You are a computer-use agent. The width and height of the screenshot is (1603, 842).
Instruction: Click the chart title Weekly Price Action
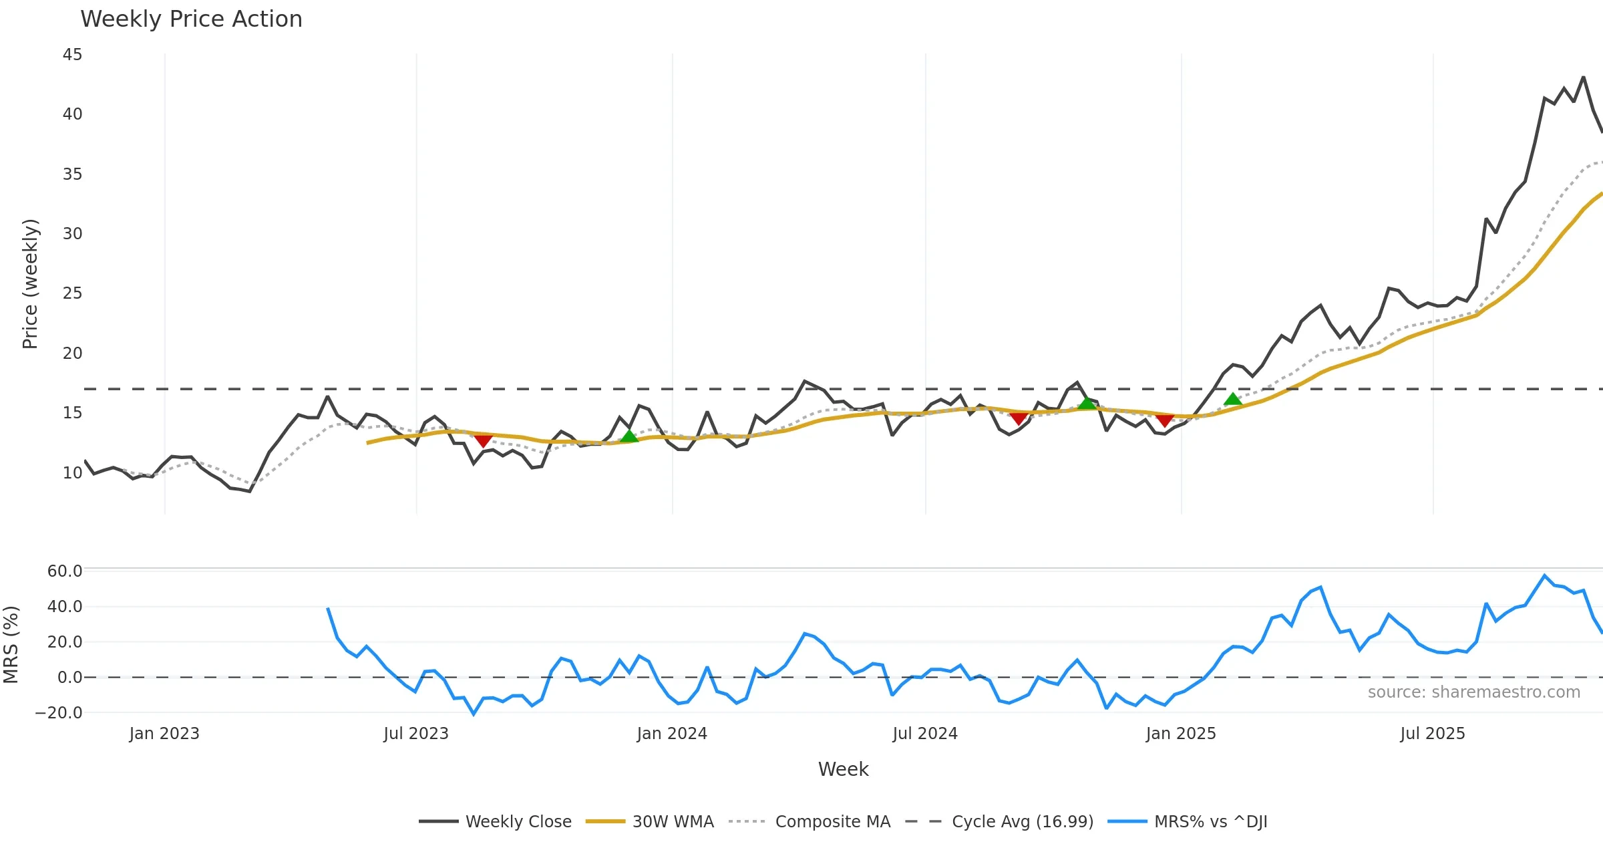[x=191, y=19]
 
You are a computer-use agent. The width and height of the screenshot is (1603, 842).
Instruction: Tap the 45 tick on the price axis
[x=72, y=55]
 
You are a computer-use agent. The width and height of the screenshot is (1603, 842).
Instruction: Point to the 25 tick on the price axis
[x=72, y=293]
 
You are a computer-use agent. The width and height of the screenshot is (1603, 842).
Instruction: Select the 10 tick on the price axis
[x=72, y=473]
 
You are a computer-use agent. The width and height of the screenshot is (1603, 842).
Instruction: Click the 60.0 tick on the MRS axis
[x=65, y=571]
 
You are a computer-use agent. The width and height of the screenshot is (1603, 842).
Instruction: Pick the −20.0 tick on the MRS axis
[x=59, y=713]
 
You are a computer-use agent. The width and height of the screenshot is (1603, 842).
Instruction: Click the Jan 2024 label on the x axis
[x=672, y=734]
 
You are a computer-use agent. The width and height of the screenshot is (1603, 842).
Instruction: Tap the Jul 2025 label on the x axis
[x=1433, y=734]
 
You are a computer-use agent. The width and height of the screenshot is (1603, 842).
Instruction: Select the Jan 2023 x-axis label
[x=164, y=734]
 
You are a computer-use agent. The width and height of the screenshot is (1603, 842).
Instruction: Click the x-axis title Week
[x=843, y=770]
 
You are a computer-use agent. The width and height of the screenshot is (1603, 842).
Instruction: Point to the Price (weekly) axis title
[x=31, y=284]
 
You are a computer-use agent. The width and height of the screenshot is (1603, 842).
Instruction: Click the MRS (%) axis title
[x=11, y=645]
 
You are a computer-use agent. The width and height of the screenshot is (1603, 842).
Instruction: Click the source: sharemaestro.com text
[x=1473, y=692]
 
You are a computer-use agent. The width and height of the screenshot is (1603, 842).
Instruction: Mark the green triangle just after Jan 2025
[x=1233, y=400]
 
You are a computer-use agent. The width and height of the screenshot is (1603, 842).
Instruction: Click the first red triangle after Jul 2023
[x=483, y=440]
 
